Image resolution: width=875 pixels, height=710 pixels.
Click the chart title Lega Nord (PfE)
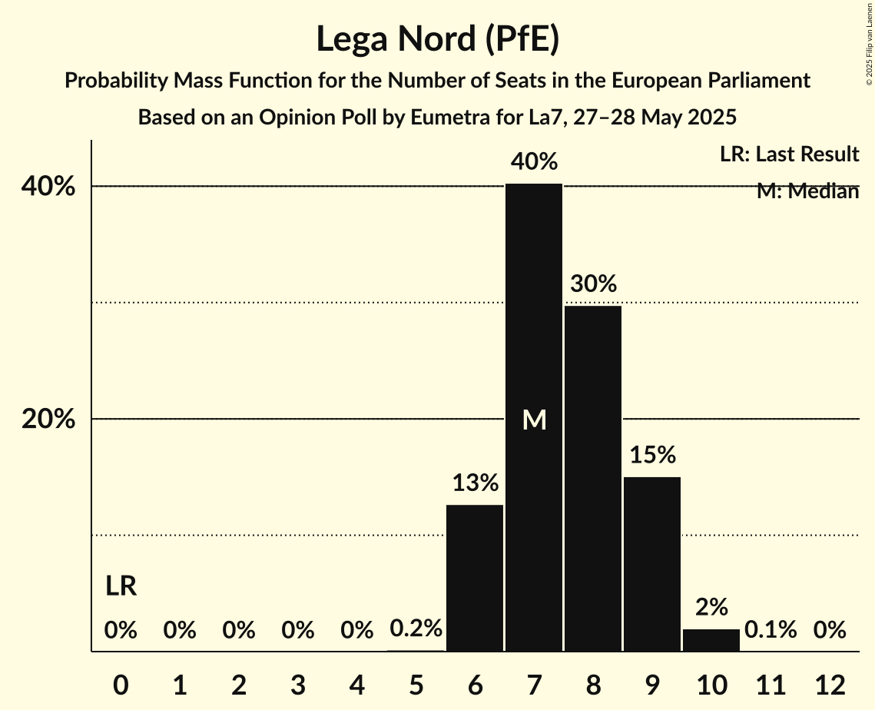coord(437,39)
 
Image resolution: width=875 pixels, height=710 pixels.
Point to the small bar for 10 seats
coord(711,640)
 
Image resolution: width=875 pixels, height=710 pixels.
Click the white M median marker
coord(534,420)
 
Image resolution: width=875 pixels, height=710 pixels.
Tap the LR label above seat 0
coord(121,587)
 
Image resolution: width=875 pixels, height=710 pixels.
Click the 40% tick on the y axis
coord(53,187)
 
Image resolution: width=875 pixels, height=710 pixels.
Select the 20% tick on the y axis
coord(53,420)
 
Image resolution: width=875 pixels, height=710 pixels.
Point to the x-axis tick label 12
coord(830,684)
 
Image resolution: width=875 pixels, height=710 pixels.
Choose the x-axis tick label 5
coord(416,684)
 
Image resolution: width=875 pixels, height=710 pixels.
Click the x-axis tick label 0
coord(121,684)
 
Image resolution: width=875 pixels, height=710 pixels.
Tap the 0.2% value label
coord(416,629)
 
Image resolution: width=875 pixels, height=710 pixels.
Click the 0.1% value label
coord(771,630)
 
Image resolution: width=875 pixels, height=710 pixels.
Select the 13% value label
coord(475,483)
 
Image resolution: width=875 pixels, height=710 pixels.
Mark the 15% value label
coord(652,455)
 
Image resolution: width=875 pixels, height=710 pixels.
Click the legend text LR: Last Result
coord(789,154)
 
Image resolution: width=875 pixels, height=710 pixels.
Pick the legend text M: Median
coord(807,191)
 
